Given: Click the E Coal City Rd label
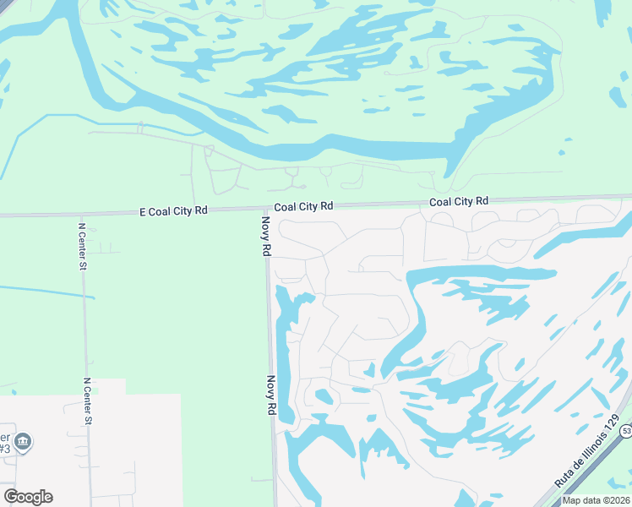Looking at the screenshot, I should coord(173,210).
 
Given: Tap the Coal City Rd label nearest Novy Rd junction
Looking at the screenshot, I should coord(303,206).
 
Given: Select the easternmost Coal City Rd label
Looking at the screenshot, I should coord(459,201).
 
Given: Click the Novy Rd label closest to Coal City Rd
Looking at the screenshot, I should coord(265,236).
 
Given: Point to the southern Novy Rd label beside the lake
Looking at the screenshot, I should coord(271,395).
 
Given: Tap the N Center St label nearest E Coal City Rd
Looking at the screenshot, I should coord(83,247).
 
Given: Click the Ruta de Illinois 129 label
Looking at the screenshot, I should coord(587,450).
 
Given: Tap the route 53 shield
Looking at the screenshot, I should coord(626,432).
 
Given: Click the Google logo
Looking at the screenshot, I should coord(28,497).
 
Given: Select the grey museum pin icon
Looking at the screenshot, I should coord(23,441).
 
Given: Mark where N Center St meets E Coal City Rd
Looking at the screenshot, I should coord(81,215).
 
